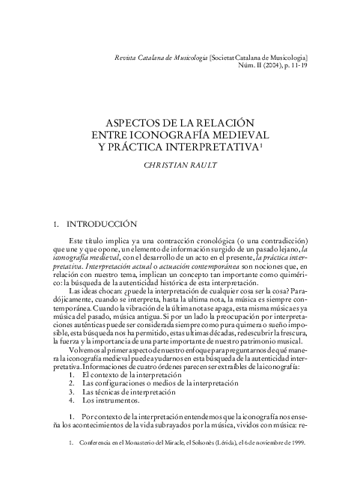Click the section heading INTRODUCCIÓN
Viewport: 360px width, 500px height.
[x=102, y=223]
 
